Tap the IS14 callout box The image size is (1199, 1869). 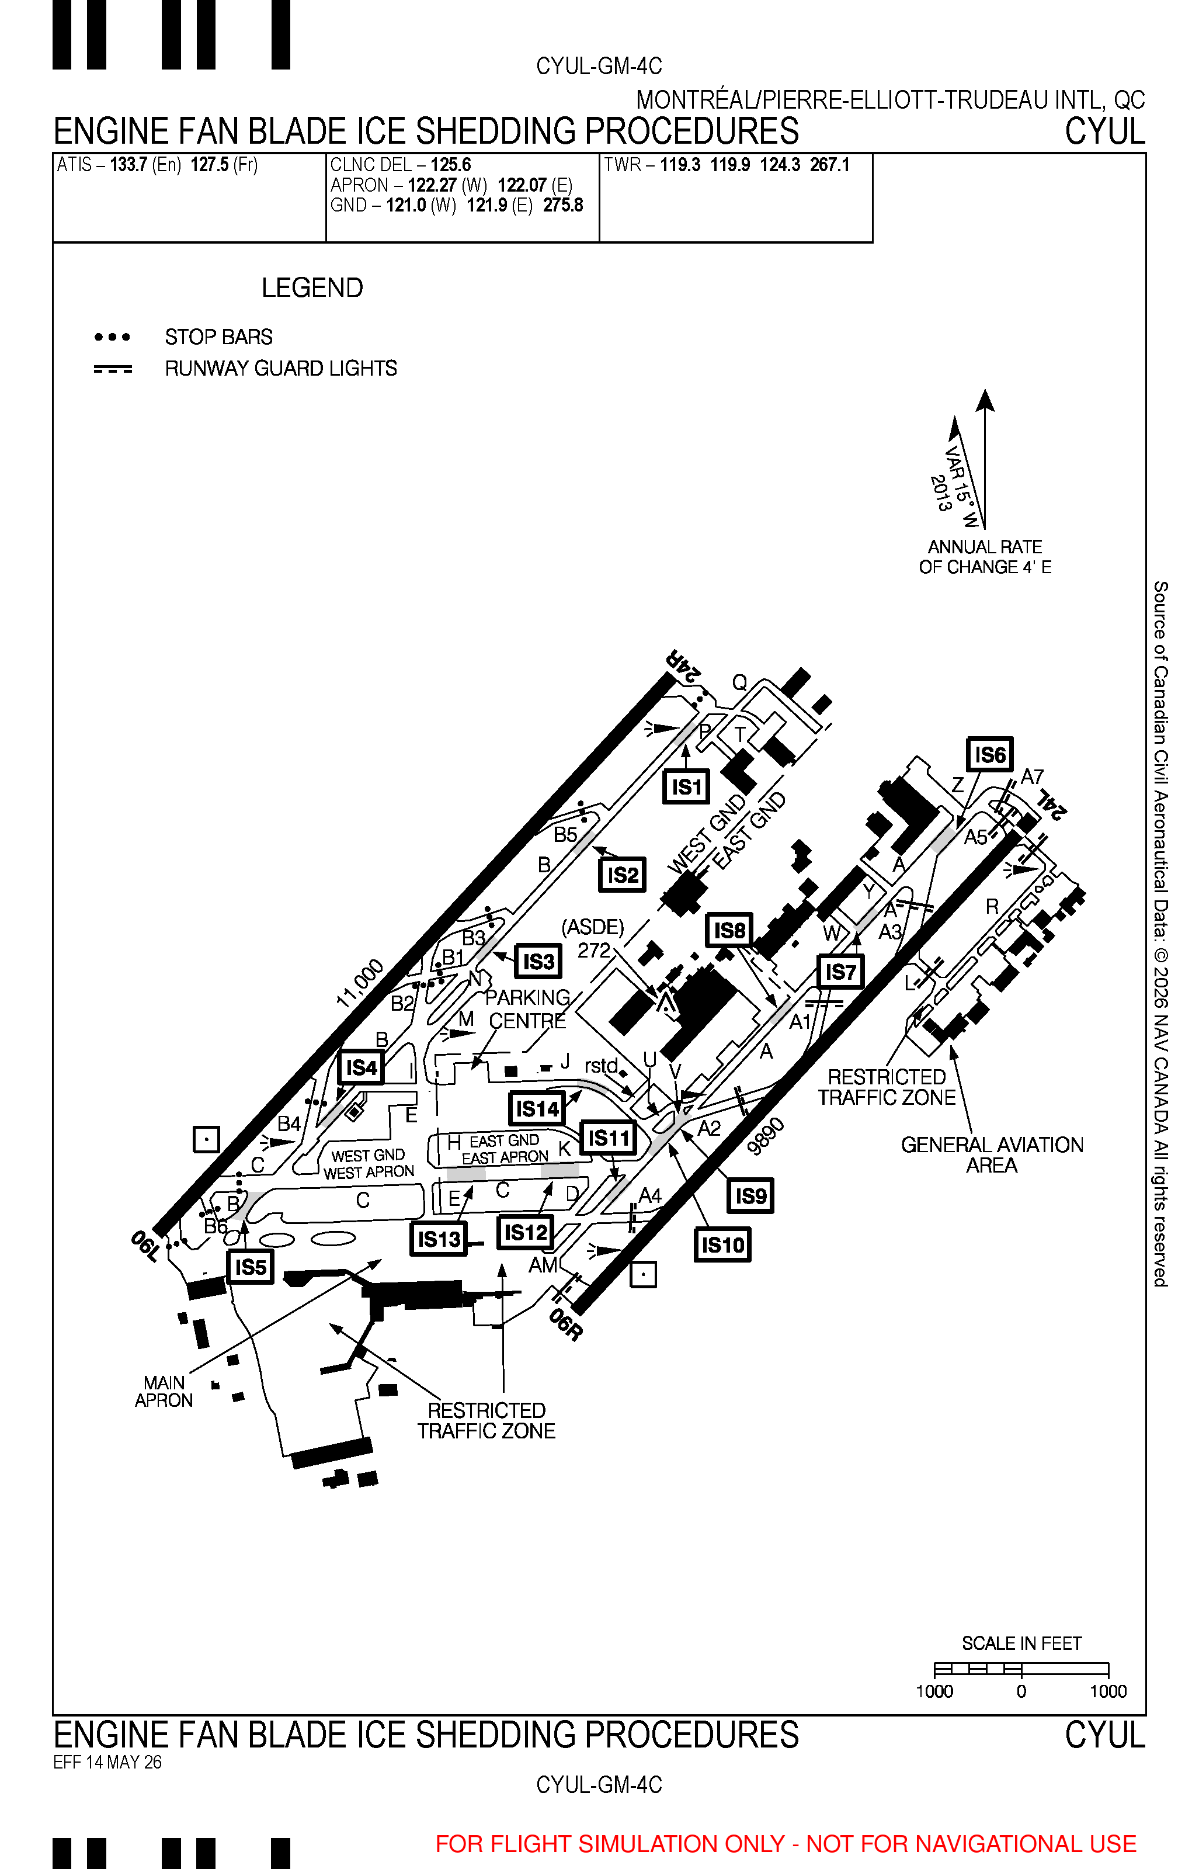[537, 1108]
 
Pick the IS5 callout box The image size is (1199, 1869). [251, 1267]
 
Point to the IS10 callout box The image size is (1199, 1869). [722, 1244]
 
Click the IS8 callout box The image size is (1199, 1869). [729, 930]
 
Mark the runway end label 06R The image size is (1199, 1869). [566, 1324]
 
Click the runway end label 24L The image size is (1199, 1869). [1051, 804]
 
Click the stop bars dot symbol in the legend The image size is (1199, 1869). [112, 337]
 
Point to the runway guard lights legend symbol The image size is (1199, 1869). [113, 368]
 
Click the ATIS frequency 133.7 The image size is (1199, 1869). [128, 165]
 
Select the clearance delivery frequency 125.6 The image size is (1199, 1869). [451, 165]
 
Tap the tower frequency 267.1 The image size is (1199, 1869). [830, 165]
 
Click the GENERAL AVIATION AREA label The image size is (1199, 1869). [992, 1155]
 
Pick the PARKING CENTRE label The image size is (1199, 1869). [528, 1009]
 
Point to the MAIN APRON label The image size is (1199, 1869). [164, 1392]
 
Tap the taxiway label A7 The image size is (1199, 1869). [1031, 776]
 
